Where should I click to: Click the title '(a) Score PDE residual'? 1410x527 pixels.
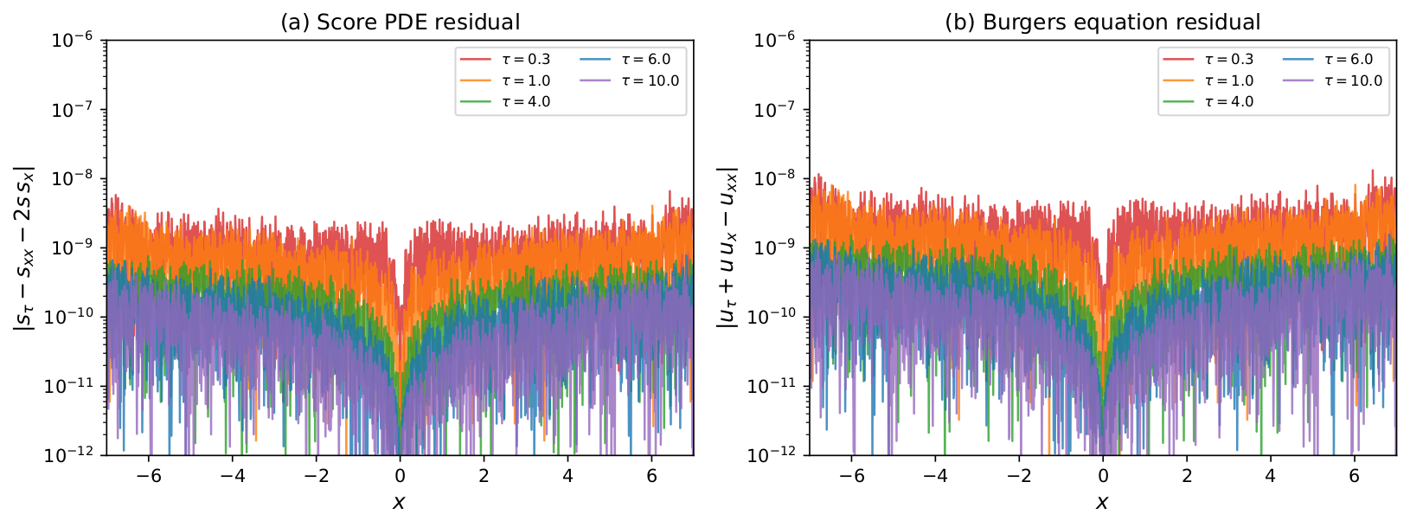tap(401, 22)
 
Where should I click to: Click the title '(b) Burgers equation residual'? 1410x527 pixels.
tap(1103, 22)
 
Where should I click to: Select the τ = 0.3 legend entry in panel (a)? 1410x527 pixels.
tap(505, 59)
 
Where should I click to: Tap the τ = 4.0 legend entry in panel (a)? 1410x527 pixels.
tap(505, 102)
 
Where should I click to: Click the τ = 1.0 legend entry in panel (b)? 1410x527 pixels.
tap(1208, 80)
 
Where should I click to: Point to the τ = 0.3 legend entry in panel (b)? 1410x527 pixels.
tap(1208, 59)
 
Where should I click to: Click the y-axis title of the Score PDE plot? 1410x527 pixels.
tap(24, 247)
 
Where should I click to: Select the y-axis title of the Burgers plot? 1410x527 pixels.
tap(727, 247)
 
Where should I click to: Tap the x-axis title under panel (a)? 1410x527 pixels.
tap(399, 503)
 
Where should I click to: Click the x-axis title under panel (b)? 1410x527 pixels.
tap(1102, 503)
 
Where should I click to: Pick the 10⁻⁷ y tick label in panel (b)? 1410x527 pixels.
tap(774, 108)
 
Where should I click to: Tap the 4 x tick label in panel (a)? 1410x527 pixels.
tap(567, 476)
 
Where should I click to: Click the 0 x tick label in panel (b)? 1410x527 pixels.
tap(1103, 476)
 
